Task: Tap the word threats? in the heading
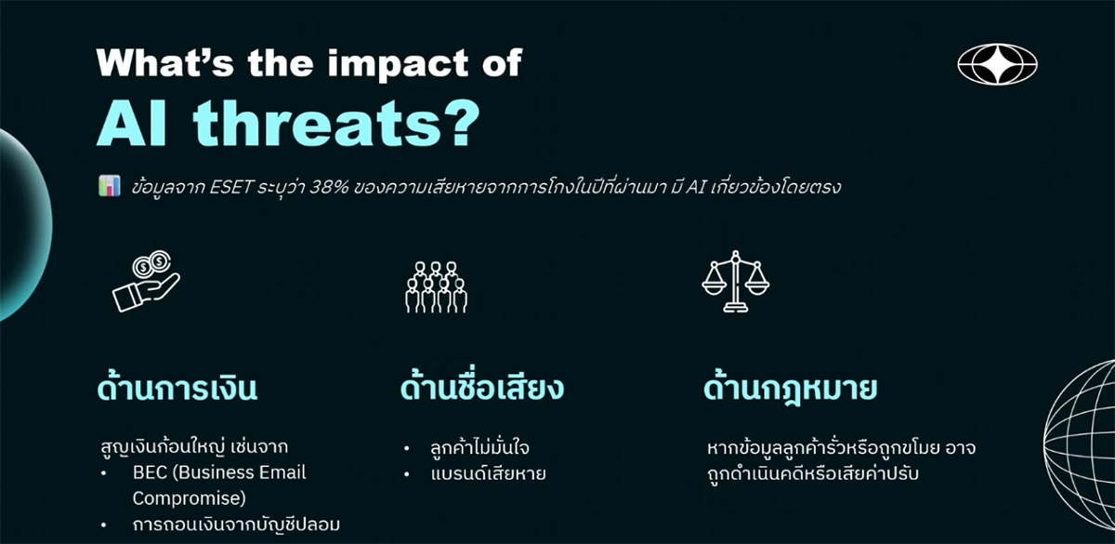[x=336, y=123]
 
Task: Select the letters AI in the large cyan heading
[x=131, y=123]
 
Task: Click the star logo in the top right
[x=998, y=64]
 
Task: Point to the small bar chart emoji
[x=109, y=186]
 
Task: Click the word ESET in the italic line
[x=231, y=187]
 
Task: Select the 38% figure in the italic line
[x=329, y=187]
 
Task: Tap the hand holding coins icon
[x=147, y=281]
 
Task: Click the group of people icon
[x=437, y=287]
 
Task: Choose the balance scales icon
[x=736, y=282]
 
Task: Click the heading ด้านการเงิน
[x=177, y=388]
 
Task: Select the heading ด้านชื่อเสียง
[x=482, y=387]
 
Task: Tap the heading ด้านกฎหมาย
[x=790, y=389]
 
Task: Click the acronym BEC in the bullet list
[x=150, y=472]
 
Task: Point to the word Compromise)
[x=190, y=498]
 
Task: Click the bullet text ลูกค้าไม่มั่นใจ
[x=479, y=447]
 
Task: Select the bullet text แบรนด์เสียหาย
[x=489, y=472]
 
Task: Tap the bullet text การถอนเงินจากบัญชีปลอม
[x=236, y=524]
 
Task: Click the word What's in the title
[x=165, y=63]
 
